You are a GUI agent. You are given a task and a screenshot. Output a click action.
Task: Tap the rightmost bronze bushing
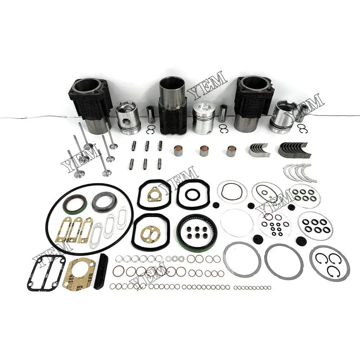click(232, 150)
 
